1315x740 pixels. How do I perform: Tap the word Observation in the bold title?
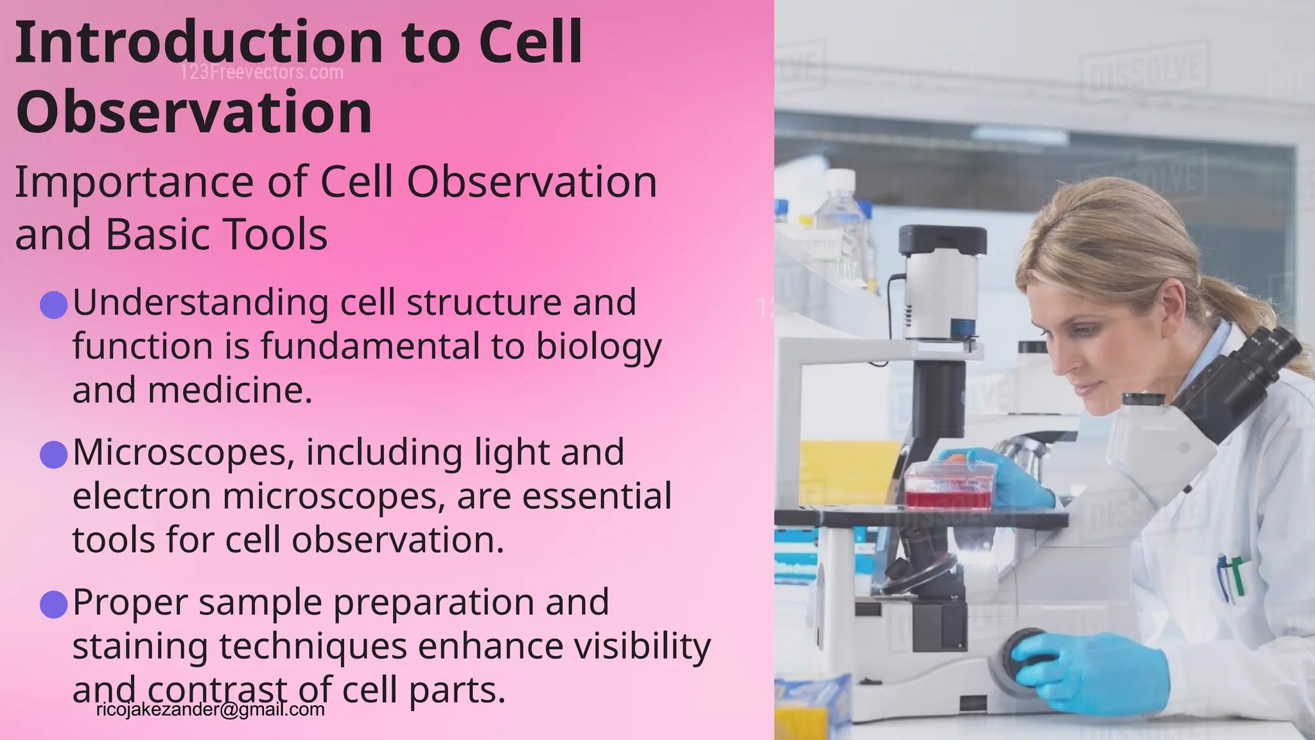point(194,112)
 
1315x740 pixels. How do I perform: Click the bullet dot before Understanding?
point(54,304)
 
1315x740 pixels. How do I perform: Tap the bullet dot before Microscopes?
point(54,455)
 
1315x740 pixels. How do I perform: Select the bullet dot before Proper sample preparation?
point(54,604)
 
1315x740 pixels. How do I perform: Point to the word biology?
point(598,347)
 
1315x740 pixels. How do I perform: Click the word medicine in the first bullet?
point(230,391)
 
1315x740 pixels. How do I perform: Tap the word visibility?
point(642,646)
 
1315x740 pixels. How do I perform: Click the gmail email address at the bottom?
point(211,710)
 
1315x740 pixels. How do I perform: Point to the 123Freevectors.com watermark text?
point(262,73)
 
